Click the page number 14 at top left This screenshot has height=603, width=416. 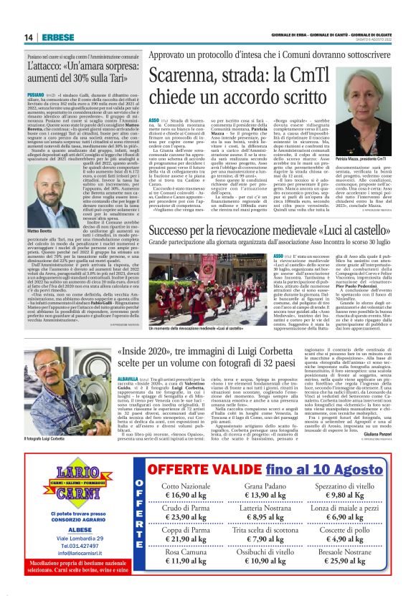coord(29,37)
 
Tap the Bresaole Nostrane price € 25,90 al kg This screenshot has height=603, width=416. coord(346,559)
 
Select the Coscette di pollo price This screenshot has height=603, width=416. coord(346,539)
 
